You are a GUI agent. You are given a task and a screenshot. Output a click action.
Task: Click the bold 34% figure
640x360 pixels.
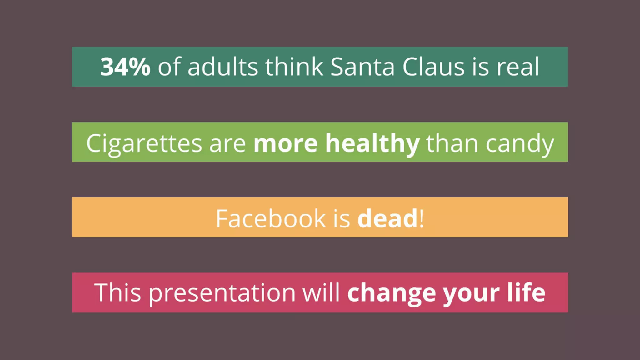pyautogui.click(x=125, y=67)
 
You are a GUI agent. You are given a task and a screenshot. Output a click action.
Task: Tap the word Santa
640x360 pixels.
pyautogui.click(x=362, y=67)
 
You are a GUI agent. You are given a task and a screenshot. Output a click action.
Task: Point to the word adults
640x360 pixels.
pyautogui.click(x=222, y=67)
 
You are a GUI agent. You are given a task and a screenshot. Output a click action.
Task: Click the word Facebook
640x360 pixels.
pyautogui.click(x=271, y=218)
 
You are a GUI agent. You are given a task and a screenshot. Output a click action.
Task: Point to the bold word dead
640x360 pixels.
pyautogui.click(x=387, y=218)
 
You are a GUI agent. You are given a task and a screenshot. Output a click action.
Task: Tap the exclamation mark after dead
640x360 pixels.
pyautogui.click(x=422, y=218)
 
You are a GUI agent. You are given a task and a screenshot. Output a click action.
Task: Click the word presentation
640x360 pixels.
pyautogui.click(x=222, y=293)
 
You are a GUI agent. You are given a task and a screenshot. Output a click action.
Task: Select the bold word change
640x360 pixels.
pyautogui.click(x=392, y=293)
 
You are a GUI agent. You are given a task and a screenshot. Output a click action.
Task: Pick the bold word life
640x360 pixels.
pyautogui.click(x=526, y=292)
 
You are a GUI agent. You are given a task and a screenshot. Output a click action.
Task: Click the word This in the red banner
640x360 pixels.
pyautogui.click(x=117, y=292)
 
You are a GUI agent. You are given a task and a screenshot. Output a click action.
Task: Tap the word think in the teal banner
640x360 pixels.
pyautogui.click(x=294, y=67)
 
